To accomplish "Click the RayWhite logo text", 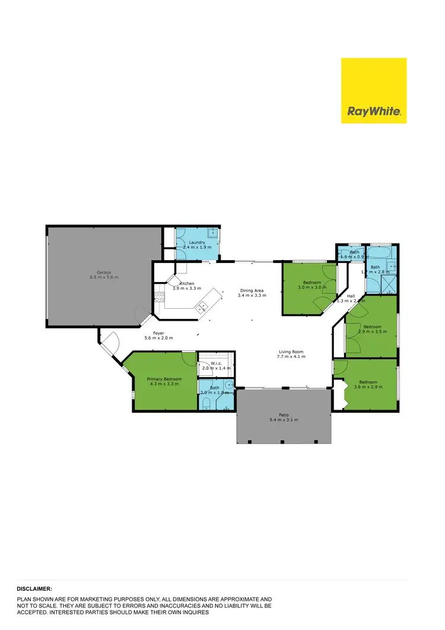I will coord(374,111).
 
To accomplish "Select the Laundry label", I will coord(197,243).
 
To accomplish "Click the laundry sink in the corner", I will coord(212,233).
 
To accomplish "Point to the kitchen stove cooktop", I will coord(159,296).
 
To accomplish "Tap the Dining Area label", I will coord(252,290).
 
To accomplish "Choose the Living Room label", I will coord(291,352).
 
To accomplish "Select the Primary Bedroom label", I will coord(164,379).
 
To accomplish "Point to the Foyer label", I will coord(158,333).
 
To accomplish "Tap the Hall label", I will coord(351,296).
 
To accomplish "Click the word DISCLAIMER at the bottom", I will coord(34,588).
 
